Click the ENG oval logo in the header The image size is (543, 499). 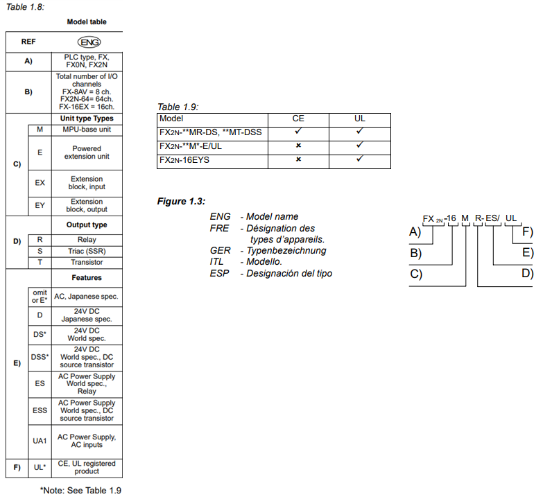89,42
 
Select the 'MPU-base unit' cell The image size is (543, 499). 87,130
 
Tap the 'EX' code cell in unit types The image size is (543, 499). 40,183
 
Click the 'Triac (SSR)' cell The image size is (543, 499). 87,251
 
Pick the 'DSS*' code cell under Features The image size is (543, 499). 40,357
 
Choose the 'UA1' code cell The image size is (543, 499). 40,441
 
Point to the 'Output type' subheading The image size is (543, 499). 87,225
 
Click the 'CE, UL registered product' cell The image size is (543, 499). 87,468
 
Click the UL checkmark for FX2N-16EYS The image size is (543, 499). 360,159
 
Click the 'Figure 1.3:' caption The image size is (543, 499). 181,201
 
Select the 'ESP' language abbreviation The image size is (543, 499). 219,274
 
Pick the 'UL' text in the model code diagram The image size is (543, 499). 511,218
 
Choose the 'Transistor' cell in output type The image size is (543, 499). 87,262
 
